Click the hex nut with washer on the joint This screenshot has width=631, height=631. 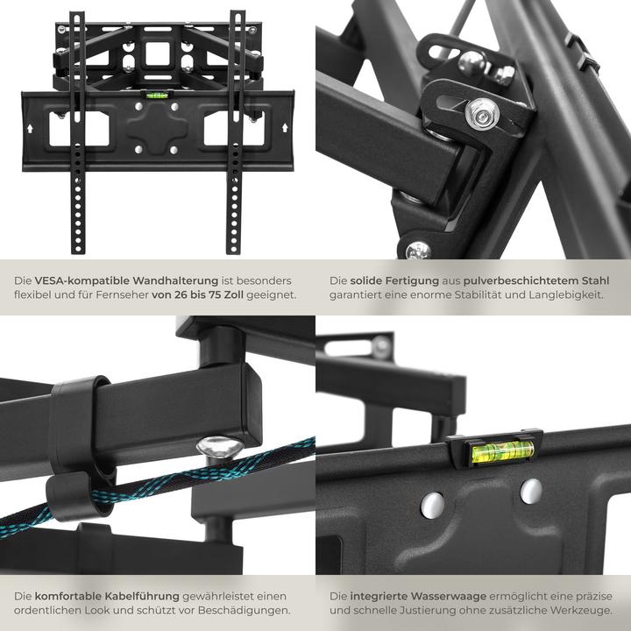(x=479, y=111)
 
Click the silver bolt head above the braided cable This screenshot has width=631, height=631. (x=214, y=448)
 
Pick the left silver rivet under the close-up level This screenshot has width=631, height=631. (x=432, y=504)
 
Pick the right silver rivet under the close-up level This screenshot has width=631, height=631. (x=531, y=491)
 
